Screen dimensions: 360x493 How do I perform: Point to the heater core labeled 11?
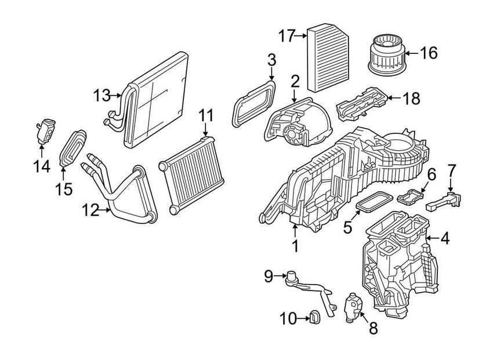[x=188, y=174]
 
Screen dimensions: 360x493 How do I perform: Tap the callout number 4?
[x=444, y=238]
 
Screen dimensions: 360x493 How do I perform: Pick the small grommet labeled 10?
[x=316, y=317]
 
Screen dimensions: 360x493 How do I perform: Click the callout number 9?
[x=268, y=277]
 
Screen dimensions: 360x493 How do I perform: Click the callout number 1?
[x=295, y=246]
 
